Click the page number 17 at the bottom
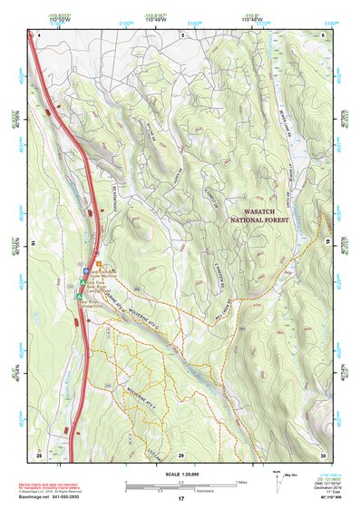coord(181,499)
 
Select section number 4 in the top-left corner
coord(40,34)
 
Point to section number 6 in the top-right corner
coord(182,34)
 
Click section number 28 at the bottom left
coord(324,34)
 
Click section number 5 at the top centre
coord(182,34)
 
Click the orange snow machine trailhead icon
coord(99,264)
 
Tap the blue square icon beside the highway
coord(86,270)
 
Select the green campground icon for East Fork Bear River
coord(83,282)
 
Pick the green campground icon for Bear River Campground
coord(80,295)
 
